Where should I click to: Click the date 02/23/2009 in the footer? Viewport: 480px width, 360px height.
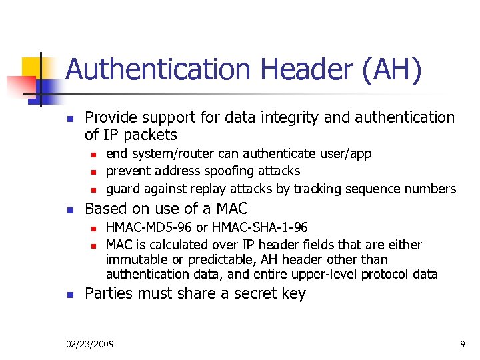90,344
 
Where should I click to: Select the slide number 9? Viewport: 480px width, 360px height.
462,344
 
